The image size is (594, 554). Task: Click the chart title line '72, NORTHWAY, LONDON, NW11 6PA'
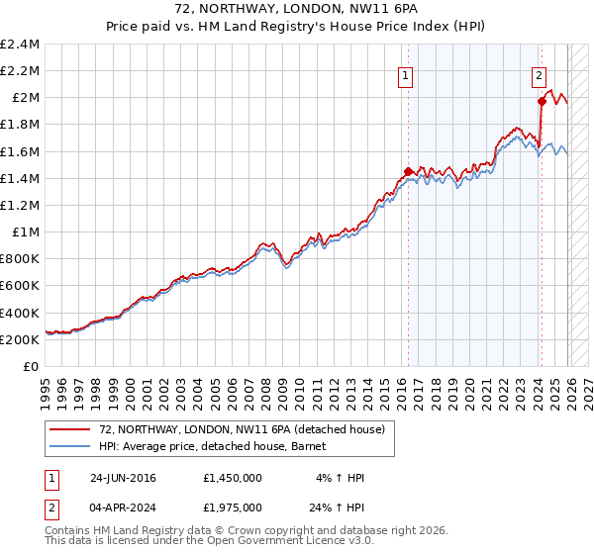pyautogui.click(x=296, y=11)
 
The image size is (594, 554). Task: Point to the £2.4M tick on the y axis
pyautogui.click(x=20, y=45)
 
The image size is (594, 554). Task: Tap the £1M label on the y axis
pyautogui.click(x=28, y=232)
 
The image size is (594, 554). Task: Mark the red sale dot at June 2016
pyautogui.click(x=408, y=171)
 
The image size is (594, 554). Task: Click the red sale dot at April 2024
pyautogui.click(x=542, y=101)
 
